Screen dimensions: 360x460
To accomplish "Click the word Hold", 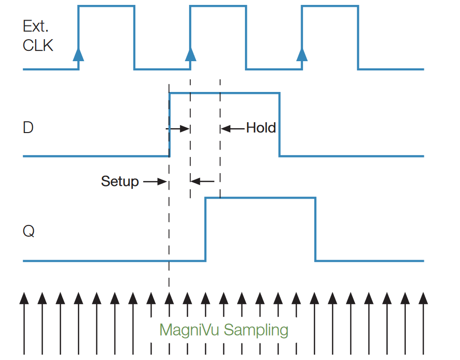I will pos(261,128).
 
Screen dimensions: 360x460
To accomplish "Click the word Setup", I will pos(120,181).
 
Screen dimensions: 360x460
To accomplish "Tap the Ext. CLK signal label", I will pos(38,37).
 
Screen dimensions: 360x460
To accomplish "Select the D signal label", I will pos(28,128).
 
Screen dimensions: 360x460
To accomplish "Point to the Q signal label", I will pos(29,231).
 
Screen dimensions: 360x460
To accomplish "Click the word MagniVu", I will pos(190,330).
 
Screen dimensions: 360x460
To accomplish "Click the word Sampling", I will pos(256,330).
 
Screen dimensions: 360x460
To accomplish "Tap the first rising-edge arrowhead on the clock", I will pos(78,54).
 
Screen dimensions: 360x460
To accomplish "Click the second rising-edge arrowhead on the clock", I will pos(190,54).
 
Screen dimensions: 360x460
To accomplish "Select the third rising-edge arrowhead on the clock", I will pos(302,54).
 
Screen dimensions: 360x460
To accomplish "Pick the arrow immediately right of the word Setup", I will pos(155,182).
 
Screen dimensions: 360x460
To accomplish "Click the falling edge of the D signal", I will pos(279,125).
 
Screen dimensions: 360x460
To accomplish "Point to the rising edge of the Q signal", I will pos(205,229).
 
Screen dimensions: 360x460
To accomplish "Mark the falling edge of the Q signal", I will pos(315,229).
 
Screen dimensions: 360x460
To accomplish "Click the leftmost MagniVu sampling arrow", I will pos(23,323).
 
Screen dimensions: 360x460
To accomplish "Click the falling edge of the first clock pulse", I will pos(134,37).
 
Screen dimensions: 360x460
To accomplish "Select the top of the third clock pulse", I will pos(329,6).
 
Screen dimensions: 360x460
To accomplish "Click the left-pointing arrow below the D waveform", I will pos(202,181).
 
